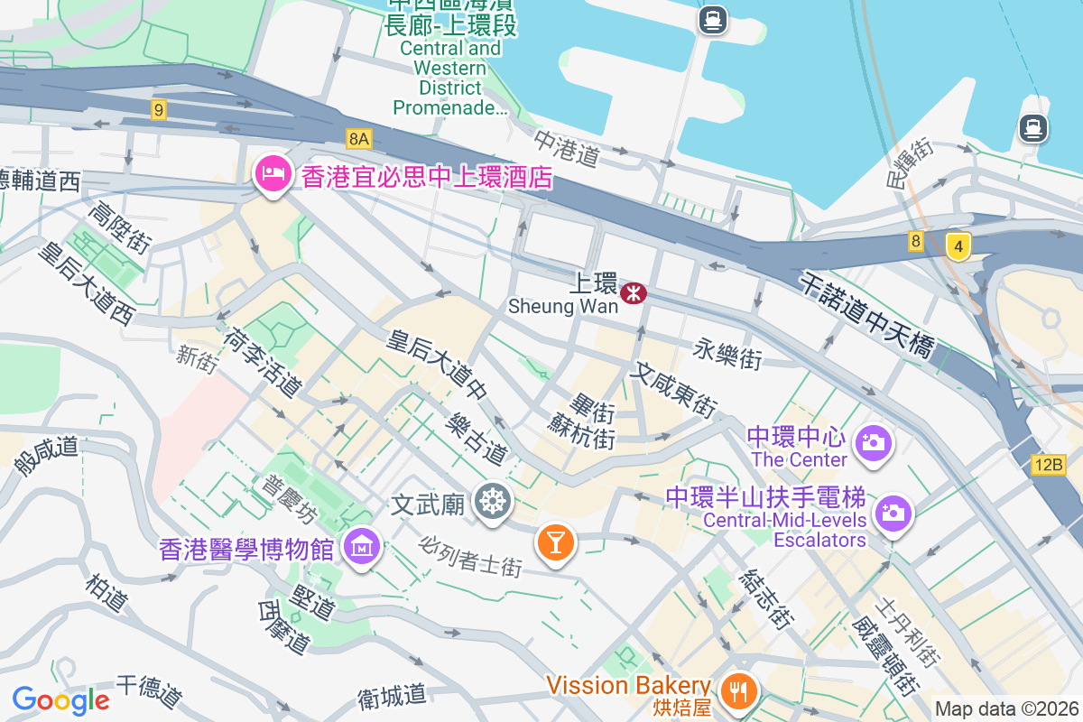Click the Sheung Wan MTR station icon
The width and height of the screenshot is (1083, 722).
pyautogui.click(x=634, y=291)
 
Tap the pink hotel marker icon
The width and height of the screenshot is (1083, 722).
pyautogui.click(x=272, y=172)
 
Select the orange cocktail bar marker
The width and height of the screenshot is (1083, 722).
pyautogui.click(x=555, y=541)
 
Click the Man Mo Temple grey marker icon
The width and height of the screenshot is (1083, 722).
pyautogui.click(x=495, y=501)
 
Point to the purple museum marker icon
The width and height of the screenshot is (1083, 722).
pyautogui.click(x=362, y=545)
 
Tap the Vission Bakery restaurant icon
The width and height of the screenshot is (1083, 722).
pyautogui.click(x=740, y=691)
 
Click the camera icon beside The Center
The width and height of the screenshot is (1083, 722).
pyautogui.click(x=873, y=442)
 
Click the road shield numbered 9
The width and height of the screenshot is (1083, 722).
pyautogui.click(x=159, y=110)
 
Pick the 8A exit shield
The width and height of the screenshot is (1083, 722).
pyautogui.click(x=359, y=138)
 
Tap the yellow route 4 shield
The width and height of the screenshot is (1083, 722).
pyautogui.click(x=958, y=245)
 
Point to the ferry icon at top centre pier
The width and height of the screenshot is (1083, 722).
pyautogui.click(x=713, y=20)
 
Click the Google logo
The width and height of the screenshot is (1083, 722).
pyautogui.click(x=60, y=700)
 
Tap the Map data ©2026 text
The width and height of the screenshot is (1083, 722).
pyautogui.click(x=1006, y=709)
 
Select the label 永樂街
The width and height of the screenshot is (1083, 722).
pyautogui.click(x=727, y=354)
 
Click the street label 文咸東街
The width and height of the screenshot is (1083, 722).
pyautogui.click(x=674, y=388)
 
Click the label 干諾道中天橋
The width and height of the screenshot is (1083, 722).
pyautogui.click(x=867, y=315)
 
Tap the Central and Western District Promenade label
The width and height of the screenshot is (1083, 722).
pyautogui.click(x=451, y=78)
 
